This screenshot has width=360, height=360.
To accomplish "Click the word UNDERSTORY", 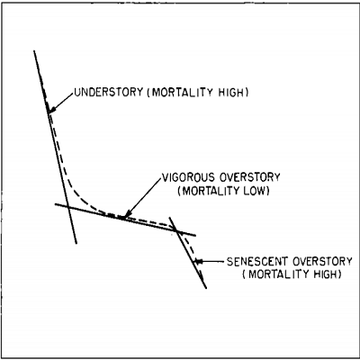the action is [x=109, y=92].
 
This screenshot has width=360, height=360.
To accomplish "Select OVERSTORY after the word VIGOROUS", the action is [x=250, y=177].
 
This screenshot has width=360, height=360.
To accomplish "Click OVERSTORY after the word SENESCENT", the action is [x=322, y=261].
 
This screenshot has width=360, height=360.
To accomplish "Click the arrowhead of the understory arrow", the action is [x=51, y=111].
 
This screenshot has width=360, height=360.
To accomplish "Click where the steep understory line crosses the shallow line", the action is [x=68, y=207].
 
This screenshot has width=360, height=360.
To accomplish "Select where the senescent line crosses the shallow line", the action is [x=177, y=231].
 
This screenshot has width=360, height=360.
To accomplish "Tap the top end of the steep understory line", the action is [x=34, y=50].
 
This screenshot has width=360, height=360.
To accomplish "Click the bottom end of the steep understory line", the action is [x=76, y=243].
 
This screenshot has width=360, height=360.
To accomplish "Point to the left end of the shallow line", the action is [x=55, y=204].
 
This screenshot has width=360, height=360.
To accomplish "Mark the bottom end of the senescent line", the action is [x=206, y=288].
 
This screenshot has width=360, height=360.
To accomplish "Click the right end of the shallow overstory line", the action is [x=195, y=236].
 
